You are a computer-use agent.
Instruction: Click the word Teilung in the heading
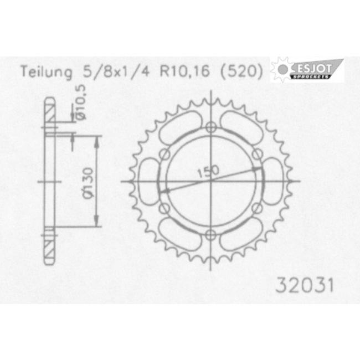click(47, 72)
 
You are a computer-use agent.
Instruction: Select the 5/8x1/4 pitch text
click(116, 71)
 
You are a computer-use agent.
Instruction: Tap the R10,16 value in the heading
click(185, 71)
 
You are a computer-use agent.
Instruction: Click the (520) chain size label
click(241, 71)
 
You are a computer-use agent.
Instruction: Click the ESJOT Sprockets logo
click(307, 70)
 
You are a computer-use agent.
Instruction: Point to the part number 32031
click(305, 286)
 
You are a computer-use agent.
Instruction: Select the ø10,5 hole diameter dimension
click(81, 102)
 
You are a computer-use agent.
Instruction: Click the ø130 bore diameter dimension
click(88, 183)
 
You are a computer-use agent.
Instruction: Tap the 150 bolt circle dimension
click(208, 172)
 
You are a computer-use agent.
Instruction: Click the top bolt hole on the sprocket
click(211, 127)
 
